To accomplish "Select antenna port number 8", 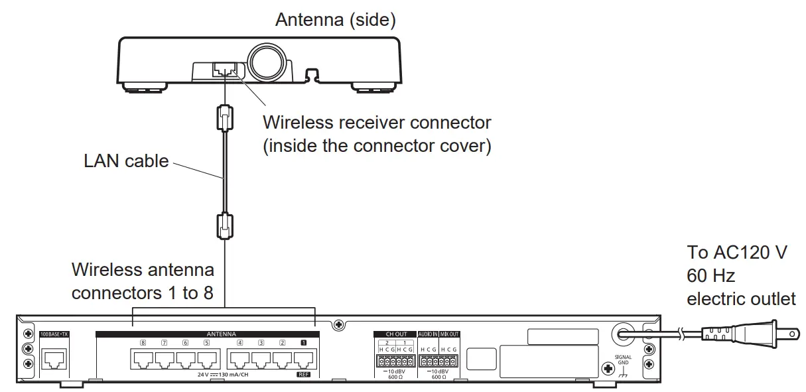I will [143, 359].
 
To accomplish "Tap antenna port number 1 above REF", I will [304, 359].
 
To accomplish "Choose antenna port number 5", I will [207, 359].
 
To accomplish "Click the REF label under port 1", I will [304, 375].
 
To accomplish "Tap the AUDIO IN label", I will [428, 334].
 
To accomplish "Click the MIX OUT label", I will [450, 334].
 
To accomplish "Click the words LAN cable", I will [126, 161].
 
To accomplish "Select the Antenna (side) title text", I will [336, 20].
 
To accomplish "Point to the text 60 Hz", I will [710, 275].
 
